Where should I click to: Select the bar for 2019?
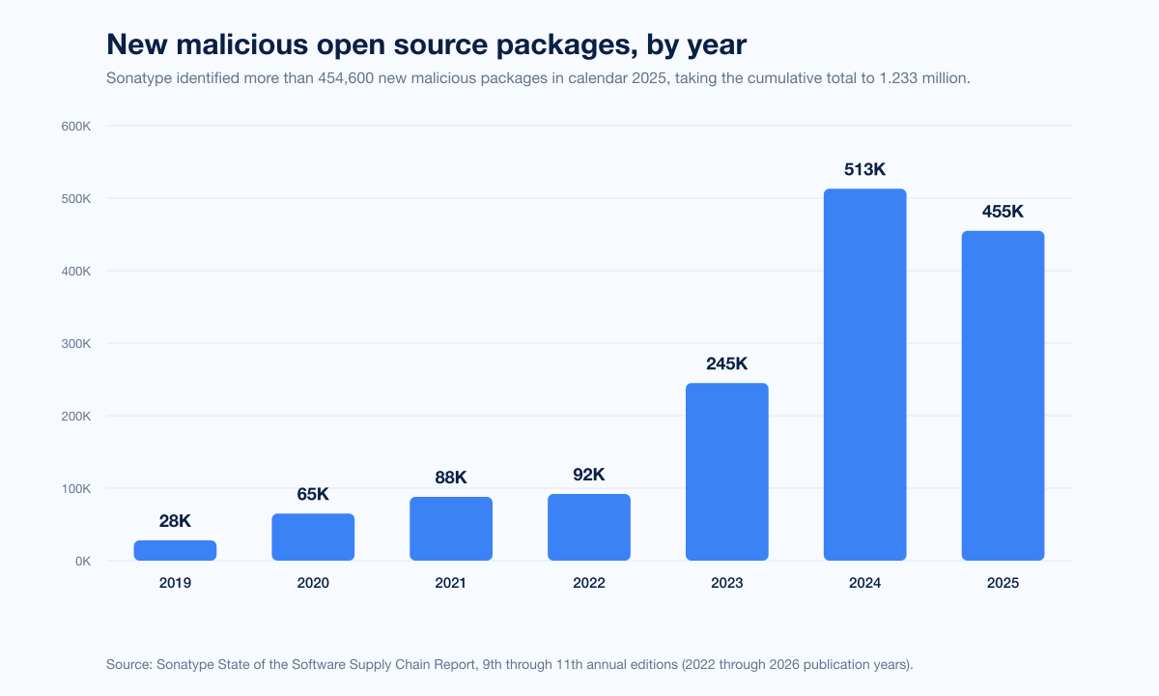175,550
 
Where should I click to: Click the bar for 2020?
313,536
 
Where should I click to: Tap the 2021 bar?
451,529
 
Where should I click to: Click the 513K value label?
864,170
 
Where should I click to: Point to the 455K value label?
1003,212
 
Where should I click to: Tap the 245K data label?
727,364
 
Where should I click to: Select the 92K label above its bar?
589,475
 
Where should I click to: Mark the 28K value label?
175,521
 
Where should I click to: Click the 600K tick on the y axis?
76,127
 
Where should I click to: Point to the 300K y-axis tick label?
76,344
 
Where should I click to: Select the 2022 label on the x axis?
589,584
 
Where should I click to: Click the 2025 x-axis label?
1003,584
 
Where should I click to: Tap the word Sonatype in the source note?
187,664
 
